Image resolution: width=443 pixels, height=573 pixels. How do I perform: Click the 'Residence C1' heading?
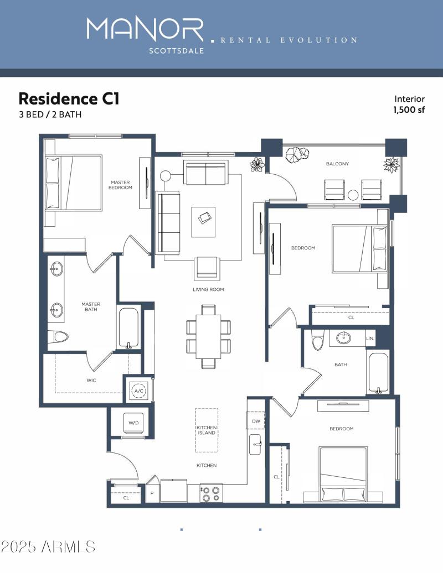pyautogui.click(x=69, y=99)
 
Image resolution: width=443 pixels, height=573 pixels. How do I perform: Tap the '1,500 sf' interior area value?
pyautogui.click(x=409, y=110)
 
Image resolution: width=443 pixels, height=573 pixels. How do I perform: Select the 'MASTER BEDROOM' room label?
pyautogui.click(x=121, y=185)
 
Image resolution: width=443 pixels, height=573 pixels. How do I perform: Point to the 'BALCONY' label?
pyautogui.click(x=337, y=164)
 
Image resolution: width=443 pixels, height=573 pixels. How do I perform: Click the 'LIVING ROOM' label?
pyautogui.click(x=208, y=289)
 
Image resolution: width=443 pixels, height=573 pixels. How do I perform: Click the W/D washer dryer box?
pyautogui.click(x=133, y=423)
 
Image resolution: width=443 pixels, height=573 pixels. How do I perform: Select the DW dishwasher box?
pyautogui.click(x=256, y=421)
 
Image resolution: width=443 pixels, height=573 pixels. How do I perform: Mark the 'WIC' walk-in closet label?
pyautogui.click(x=91, y=381)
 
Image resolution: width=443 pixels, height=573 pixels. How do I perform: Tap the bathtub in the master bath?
pyautogui.click(x=128, y=327)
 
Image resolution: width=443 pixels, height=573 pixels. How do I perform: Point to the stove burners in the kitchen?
pyautogui.click(x=210, y=493)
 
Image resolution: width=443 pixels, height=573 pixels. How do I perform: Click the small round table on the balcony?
pyautogui.click(x=353, y=194)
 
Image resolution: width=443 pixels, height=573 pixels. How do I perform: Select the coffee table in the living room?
pyautogui.click(x=203, y=221)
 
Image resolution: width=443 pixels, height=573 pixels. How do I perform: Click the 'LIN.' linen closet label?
pyautogui.click(x=370, y=338)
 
